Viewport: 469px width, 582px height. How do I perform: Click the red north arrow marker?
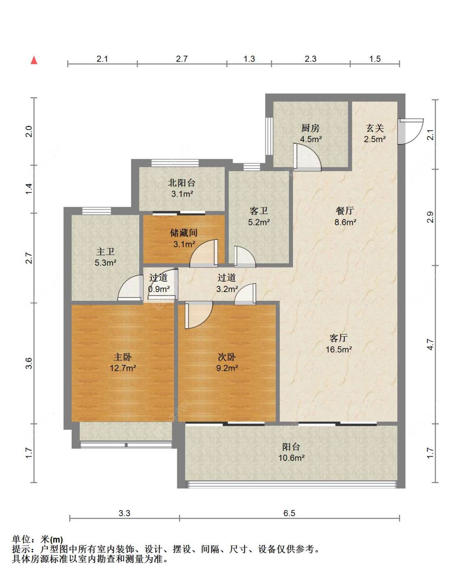(x=34, y=60)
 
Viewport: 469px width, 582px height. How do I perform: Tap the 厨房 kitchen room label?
(x=311, y=128)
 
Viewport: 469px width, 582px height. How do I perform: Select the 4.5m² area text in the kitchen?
(x=311, y=139)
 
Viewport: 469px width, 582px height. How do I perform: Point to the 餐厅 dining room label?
(x=345, y=211)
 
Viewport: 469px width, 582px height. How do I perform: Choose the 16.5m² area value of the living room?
(x=339, y=350)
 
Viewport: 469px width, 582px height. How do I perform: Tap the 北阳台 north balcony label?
(x=182, y=183)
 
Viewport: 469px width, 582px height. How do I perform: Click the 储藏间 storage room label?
(x=184, y=233)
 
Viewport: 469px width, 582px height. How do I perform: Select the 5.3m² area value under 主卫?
(x=105, y=262)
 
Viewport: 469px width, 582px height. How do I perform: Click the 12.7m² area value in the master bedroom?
(x=123, y=368)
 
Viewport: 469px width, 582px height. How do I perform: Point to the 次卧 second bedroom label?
(x=227, y=357)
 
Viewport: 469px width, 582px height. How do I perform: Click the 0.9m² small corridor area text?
(x=159, y=289)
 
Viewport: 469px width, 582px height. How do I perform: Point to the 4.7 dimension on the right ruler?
(x=430, y=345)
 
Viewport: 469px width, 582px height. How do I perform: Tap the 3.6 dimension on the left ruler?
(x=29, y=363)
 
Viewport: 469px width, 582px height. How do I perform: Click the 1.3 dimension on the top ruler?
(x=249, y=59)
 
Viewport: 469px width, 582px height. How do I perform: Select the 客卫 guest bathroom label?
(x=259, y=211)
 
